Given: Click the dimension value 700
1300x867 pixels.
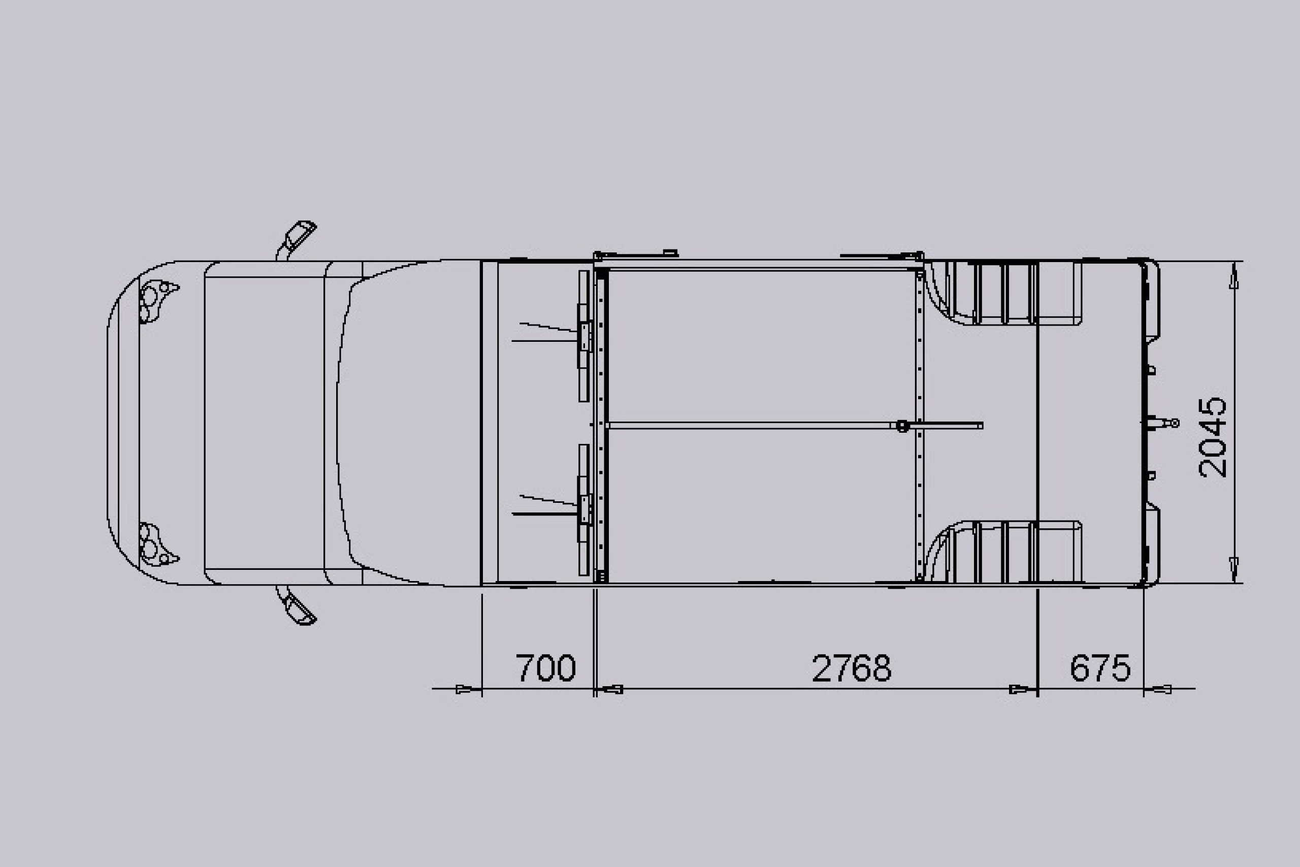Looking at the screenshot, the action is (x=545, y=668).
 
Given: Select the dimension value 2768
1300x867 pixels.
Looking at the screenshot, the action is (x=852, y=668).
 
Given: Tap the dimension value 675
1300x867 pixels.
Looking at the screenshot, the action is (x=1100, y=668).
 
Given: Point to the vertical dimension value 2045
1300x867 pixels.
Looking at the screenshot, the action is (x=1212, y=437).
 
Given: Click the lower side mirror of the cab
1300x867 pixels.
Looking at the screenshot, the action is (x=297, y=606).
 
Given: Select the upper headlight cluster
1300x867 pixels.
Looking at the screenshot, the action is (x=157, y=301).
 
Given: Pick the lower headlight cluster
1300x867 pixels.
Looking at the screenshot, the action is (x=157, y=544).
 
